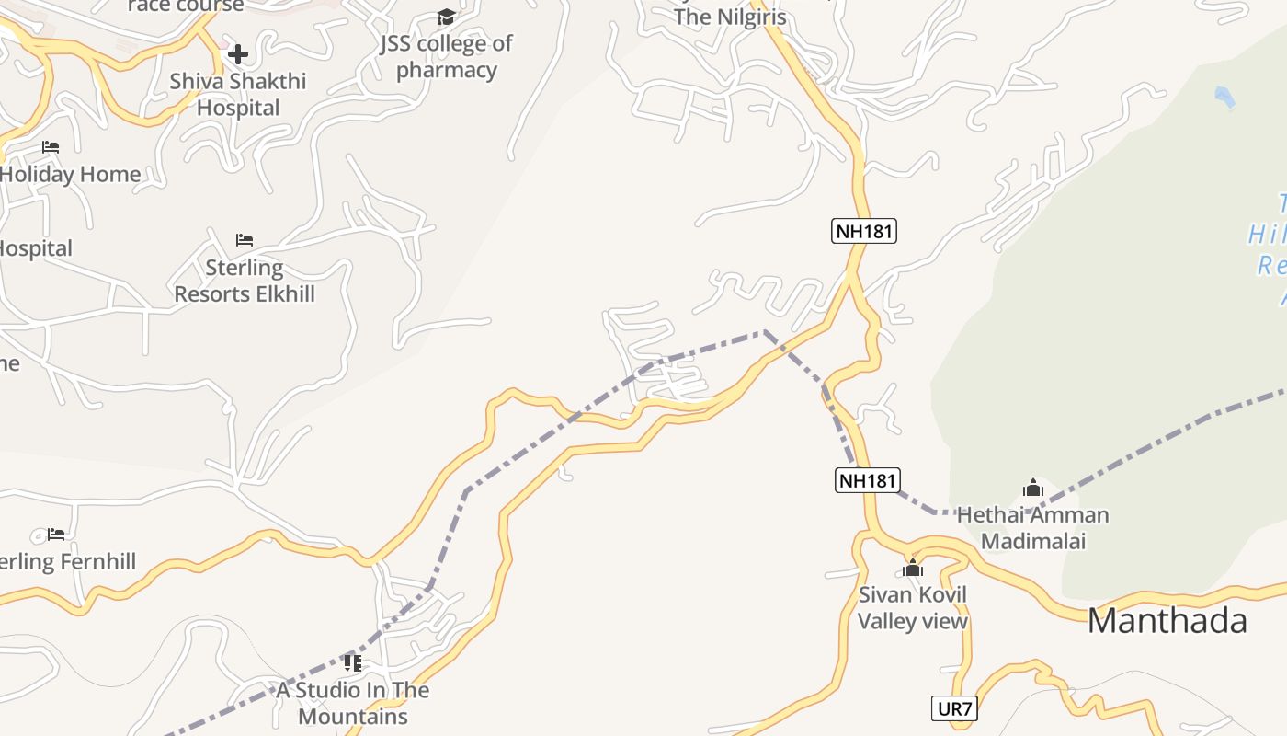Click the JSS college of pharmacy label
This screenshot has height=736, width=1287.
[x=447, y=56]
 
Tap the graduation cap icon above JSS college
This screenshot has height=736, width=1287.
[x=446, y=17]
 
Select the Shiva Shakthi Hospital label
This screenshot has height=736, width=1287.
[x=237, y=94]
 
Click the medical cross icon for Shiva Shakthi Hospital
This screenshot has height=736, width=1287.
[x=237, y=54]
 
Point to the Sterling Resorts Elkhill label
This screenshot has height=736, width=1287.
[x=245, y=281]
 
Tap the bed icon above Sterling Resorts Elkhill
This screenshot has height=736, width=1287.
[x=244, y=240]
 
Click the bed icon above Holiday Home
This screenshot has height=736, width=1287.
[x=51, y=147]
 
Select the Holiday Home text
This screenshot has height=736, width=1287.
[x=72, y=174]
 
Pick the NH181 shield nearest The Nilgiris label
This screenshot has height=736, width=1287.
[x=864, y=231]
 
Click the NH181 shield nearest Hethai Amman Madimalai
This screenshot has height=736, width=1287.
[x=868, y=480]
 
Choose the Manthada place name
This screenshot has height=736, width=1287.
[x=1167, y=621]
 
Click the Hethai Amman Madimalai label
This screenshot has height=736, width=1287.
[x=1032, y=527]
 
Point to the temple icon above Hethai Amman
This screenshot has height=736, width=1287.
[x=1032, y=488]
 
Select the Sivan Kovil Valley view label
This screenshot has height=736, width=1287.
[x=912, y=607]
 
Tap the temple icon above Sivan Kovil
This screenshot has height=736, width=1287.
[x=912, y=568]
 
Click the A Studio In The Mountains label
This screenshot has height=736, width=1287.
[x=353, y=703]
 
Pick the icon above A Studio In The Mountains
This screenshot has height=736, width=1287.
[x=352, y=662]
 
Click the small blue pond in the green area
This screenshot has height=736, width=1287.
[x=1224, y=97]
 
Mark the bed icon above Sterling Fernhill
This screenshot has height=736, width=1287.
[x=56, y=535]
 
